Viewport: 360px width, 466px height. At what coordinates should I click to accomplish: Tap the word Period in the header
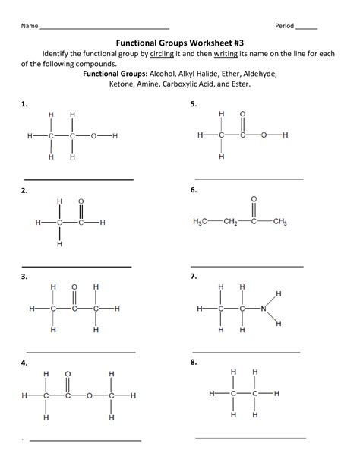pyautogui.click(x=284, y=25)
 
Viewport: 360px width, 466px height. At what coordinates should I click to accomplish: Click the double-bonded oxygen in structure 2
pyautogui.click(x=81, y=201)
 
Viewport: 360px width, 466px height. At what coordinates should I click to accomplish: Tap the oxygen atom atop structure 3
pyautogui.click(x=74, y=287)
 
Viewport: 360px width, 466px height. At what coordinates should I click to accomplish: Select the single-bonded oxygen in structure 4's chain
pyautogui.click(x=89, y=395)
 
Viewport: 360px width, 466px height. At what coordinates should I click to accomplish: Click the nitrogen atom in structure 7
pyautogui.click(x=263, y=309)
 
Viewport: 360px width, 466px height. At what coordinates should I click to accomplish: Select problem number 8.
pyautogui.click(x=195, y=363)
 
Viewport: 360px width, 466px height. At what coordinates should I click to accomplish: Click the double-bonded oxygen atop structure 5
pyautogui.click(x=242, y=113)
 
